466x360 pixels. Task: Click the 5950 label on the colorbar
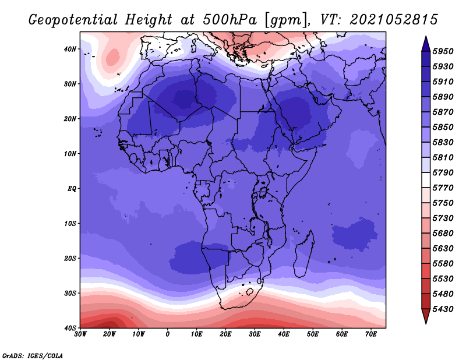443,51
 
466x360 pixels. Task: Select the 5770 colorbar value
443,188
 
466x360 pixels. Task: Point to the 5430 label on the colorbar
443,309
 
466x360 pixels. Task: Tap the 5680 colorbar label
443,233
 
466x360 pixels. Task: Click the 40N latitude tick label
70,49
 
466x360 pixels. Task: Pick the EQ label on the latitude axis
72,189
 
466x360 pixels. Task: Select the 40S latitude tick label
70,328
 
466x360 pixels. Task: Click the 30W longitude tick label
80,334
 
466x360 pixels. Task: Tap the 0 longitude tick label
168,334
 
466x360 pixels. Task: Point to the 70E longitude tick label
371,334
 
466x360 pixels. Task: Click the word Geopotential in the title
73,20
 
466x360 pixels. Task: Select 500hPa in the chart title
230,20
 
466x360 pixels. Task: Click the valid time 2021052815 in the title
394,20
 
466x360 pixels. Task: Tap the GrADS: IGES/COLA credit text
33,355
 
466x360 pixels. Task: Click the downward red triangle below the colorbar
426,316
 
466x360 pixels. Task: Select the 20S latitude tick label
70,258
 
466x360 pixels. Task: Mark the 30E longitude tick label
255,334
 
